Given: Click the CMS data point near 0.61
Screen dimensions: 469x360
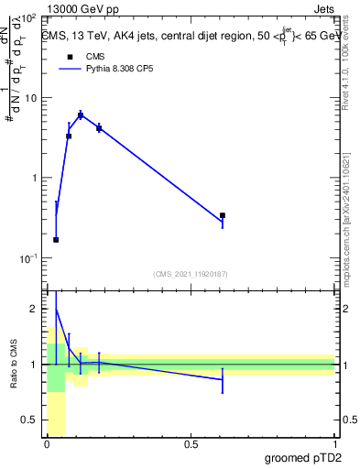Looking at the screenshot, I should (223, 215).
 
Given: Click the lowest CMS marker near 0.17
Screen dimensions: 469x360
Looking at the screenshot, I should (56, 240).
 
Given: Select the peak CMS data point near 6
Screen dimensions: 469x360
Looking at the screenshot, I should (81, 115).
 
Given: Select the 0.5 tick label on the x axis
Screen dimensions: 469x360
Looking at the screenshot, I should (191, 444).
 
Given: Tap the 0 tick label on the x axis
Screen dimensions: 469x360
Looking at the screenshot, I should (47, 444).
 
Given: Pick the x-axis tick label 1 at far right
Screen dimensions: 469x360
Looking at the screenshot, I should (333, 444).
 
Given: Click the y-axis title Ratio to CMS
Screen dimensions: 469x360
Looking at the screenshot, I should (15, 365).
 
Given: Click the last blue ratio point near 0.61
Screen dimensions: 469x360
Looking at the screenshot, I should (223, 380).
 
